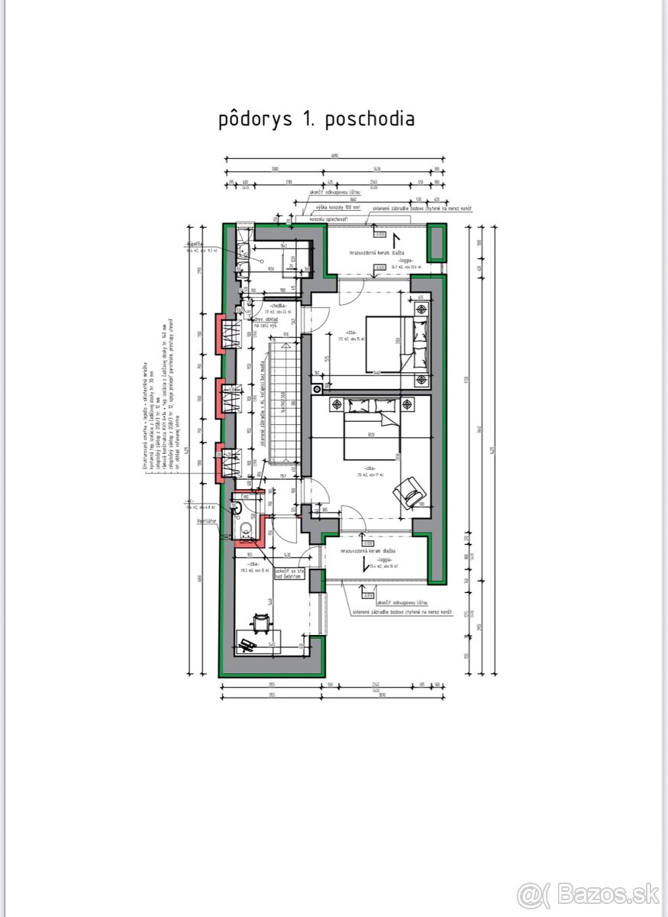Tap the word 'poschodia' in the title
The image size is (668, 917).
pos(369,120)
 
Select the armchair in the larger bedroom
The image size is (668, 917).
pos(411,493)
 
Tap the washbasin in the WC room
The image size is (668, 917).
pos(237,507)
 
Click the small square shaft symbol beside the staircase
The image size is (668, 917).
pos(316,389)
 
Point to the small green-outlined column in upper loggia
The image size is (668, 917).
pos(436,243)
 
